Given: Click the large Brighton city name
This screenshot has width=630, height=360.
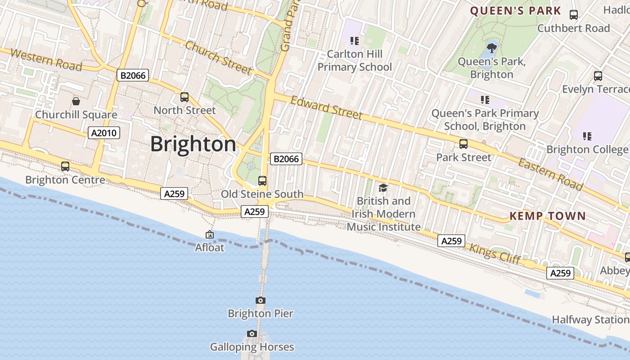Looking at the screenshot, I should pyautogui.click(x=193, y=144).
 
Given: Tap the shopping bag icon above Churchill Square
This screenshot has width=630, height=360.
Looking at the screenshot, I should pyautogui.click(x=76, y=101).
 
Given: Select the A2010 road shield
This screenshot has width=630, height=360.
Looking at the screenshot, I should pyautogui.click(x=103, y=133).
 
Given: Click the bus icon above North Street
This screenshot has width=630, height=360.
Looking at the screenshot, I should pyautogui.click(x=184, y=97).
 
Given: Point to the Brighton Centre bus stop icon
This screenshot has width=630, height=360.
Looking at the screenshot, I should pyautogui.click(x=65, y=166).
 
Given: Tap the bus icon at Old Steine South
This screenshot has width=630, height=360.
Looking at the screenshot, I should pyautogui.click(x=262, y=181).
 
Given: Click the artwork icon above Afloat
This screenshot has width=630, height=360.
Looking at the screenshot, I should pyautogui.click(x=209, y=234).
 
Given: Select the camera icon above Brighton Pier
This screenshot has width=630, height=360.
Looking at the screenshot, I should pyautogui.click(x=260, y=300).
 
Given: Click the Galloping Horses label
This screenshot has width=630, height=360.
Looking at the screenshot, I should pyautogui.click(x=252, y=347).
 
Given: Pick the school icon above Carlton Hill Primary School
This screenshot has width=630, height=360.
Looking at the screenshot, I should pyautogui.click(x=355, y=41).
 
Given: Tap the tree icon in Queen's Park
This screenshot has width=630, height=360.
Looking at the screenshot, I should pyautogui.click(x=491, y=46).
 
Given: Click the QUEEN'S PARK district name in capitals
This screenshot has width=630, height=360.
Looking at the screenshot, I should pyautogui.click(x=516, y=11).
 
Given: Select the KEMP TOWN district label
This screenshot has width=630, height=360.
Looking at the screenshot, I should pyautogui.click(x=547, y=216).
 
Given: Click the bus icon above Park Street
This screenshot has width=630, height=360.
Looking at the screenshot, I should pyautogui.click(x=463, y=144).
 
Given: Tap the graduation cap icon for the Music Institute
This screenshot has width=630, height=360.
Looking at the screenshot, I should pyautogui.click(x=383, y=188).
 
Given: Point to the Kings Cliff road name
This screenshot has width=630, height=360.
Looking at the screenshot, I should pyautogui.click(x=495, y=254).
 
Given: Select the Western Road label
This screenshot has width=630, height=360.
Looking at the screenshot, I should pyautogui.click(x=46, y=60).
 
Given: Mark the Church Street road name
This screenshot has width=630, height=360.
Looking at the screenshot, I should pyautogui.click(x=218, y=58).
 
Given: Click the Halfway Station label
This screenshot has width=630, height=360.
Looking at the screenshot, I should pyautogui.click(x=590, y=319).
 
